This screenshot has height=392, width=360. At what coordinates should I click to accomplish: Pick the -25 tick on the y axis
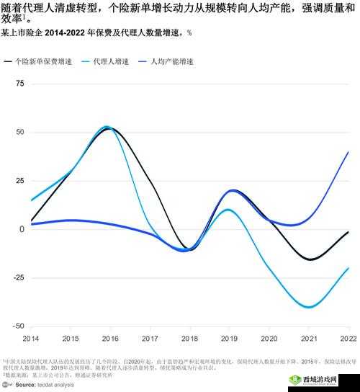[x=19, y=277]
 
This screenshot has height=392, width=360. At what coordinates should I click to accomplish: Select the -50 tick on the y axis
[x=19, y=326]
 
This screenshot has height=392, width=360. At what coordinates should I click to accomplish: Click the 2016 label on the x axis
[x=110, y=338]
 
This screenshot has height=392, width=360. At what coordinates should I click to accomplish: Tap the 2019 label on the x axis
[x=229, y=338]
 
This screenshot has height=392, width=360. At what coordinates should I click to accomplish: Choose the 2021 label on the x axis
[x=308, y=338]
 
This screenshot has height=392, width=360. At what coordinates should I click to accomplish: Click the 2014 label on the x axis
[x=31, y=338]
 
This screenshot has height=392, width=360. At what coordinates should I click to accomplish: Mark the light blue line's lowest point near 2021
[x=309, y=307]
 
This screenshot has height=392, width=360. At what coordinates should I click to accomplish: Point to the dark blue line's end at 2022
[x=348, y=152]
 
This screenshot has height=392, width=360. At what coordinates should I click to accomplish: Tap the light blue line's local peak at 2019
[x=228, y=210]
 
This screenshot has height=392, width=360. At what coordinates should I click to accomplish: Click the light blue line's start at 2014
[x=31, y=200]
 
